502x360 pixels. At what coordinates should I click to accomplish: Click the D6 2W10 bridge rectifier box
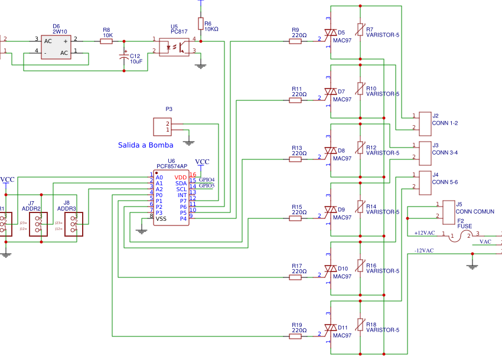coord(56,47)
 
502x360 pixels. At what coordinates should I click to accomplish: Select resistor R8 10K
coord(106,41)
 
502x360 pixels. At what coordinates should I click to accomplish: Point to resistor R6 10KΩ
coord(201,24)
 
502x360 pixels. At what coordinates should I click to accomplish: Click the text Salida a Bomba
coord(145,145)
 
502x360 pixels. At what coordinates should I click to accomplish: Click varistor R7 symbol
coord(360,31)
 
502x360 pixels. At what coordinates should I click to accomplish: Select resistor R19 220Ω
coord(296,336)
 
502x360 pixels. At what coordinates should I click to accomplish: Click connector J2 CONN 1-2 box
coord(424,122)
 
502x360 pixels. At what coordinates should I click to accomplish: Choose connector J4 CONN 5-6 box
coord(424,182)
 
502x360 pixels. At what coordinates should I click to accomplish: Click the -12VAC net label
coord(424,251)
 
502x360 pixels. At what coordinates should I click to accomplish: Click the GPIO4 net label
coord(206,179)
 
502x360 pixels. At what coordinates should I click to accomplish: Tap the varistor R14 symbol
coord(360,208)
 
